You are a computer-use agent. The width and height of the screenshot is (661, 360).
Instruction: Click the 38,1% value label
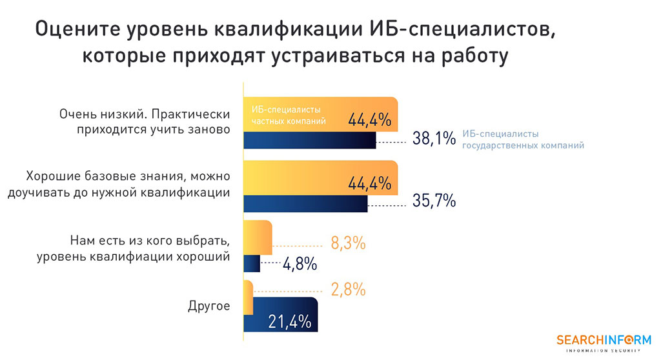coord(434,139)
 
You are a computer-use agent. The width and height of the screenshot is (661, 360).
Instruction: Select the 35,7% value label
coord(434,201)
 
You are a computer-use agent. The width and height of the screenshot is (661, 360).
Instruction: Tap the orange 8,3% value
coord(348,243)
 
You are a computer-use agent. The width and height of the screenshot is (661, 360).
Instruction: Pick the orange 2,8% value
coord(348,289)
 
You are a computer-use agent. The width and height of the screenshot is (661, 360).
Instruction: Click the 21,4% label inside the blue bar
coord(289,321)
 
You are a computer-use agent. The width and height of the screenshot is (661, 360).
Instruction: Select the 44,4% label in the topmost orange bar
coord(369,120)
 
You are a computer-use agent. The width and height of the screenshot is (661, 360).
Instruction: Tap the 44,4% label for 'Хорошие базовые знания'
coord(369,183)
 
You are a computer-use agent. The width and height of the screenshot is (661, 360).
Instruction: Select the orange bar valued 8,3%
coord(258,234)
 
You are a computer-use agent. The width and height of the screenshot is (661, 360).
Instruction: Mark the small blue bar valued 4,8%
coord(252,263)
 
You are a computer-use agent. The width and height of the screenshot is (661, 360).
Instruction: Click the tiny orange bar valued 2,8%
coord(248,290)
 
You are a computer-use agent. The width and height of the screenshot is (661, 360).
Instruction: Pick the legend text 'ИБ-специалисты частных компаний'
coord(288,114)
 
